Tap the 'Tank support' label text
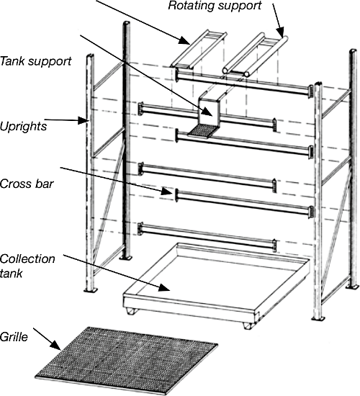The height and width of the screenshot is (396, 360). [36, 60]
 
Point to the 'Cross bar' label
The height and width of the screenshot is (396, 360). [27, 183]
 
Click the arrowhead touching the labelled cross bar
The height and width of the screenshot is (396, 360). [169, 193]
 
